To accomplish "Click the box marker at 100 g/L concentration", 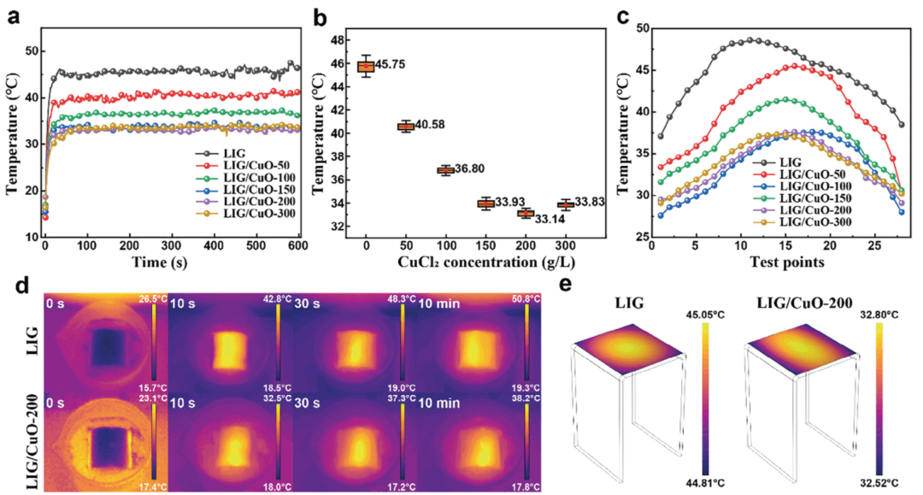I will pos(445,170).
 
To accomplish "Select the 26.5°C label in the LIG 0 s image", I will pos(140,300).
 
